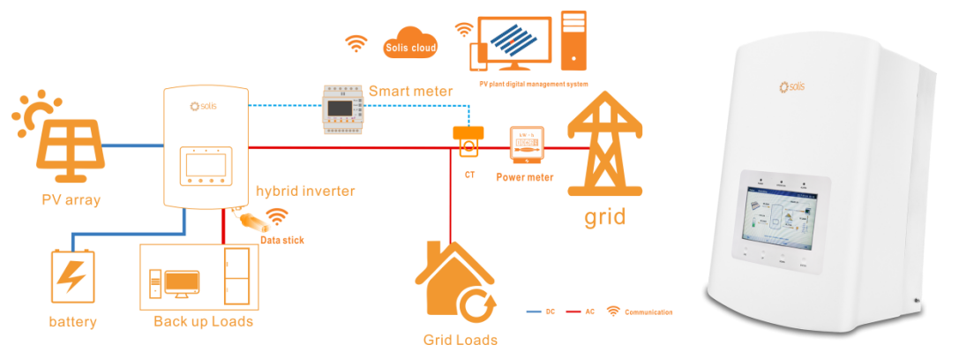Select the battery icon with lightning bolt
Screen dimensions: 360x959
[72, 277]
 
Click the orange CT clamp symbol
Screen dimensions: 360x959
[469, 139]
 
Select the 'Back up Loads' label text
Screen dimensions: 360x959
[203, 321]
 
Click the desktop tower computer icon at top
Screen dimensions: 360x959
[574, 39]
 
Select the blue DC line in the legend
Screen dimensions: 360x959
[532, 312]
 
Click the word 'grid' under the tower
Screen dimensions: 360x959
[604, 215]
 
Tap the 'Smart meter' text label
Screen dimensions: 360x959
[410, 91]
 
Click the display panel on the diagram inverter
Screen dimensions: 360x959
[204, 166]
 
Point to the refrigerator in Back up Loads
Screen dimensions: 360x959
[236, 276]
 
